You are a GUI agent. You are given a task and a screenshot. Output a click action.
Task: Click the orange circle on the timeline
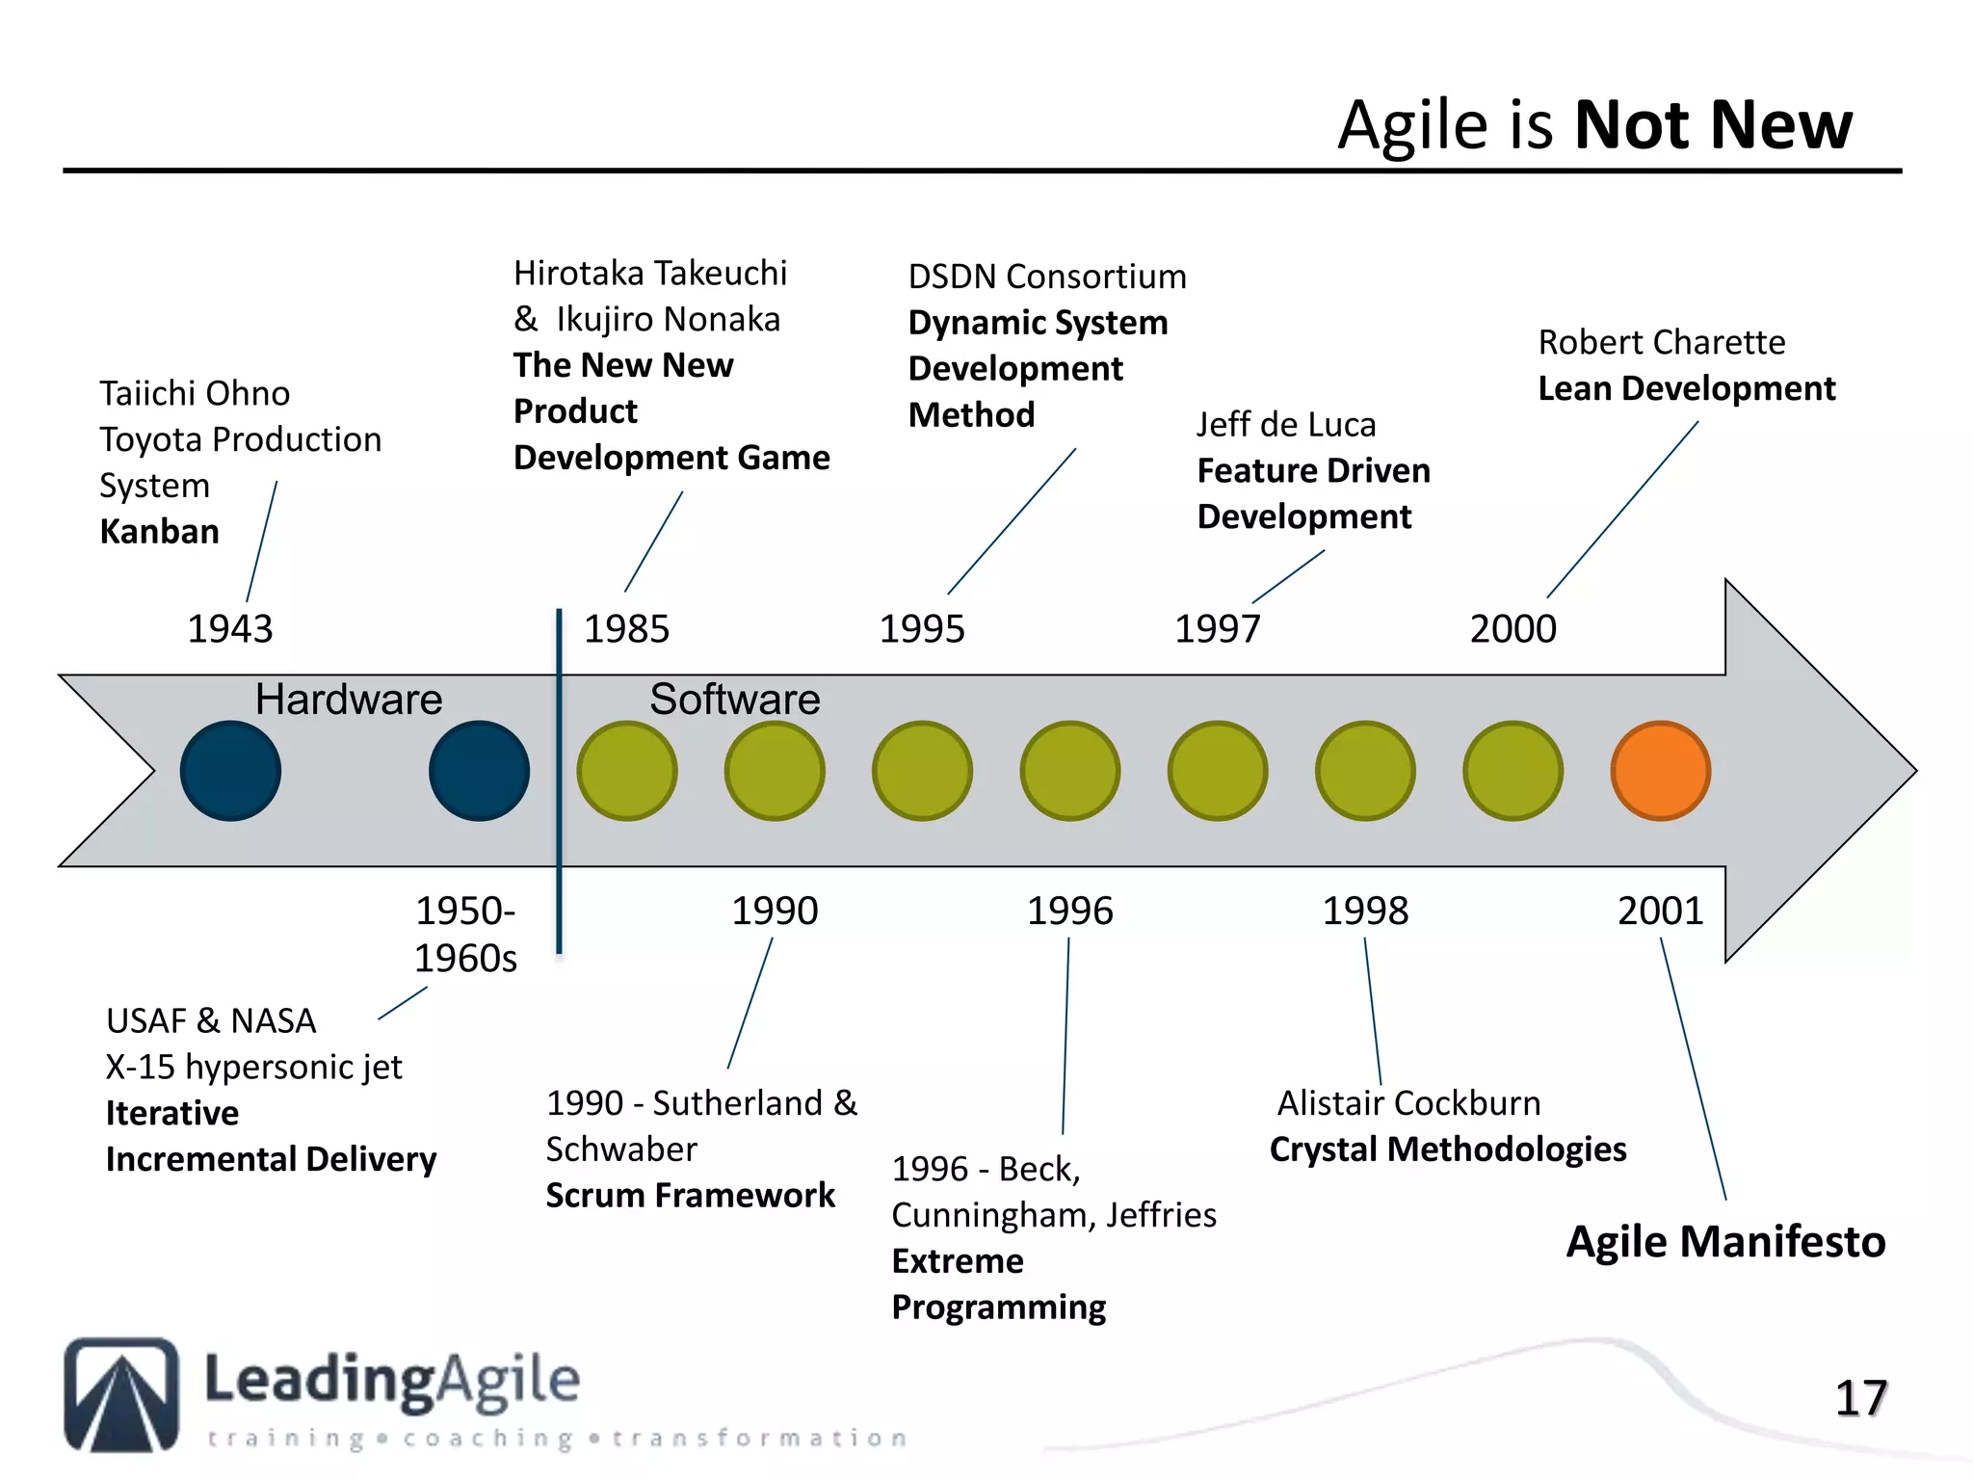pos(1660,771)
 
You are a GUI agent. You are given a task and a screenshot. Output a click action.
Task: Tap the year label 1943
pos(229,629)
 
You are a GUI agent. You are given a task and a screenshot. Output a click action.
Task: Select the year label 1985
pos(626,629)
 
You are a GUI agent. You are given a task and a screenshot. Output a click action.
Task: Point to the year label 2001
pos(1660,911)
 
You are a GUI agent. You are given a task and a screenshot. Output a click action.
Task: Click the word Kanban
pos(159,532)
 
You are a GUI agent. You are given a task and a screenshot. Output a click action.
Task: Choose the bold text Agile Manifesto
pos(1724,1241)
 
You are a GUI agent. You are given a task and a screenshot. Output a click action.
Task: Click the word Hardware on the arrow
pos(348,700)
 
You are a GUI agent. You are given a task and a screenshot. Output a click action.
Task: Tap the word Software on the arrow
pos(734,700)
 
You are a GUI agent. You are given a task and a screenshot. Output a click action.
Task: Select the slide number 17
pos(1859,1398)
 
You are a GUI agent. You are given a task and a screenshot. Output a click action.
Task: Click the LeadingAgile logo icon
pos(121,1393)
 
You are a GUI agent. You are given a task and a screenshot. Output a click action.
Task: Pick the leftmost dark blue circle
pos(230,771)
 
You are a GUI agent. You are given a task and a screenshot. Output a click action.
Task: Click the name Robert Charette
pos(1661,343)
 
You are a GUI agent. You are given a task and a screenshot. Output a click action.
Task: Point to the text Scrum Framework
pos(690,1196)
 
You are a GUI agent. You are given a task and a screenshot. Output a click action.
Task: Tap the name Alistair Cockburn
pos(1408,1103)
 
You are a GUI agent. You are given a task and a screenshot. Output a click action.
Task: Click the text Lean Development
pos(1686,388)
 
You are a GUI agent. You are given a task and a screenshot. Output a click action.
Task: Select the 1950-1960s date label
pos(465,934)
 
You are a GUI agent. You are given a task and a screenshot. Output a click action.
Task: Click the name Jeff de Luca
pos(1286,425)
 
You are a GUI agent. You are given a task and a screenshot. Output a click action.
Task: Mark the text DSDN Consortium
pos(1047,277)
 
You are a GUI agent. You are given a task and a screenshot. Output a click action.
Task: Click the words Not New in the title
pos(1712,125)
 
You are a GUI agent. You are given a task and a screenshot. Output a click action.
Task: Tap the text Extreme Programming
pos(997,1284)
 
